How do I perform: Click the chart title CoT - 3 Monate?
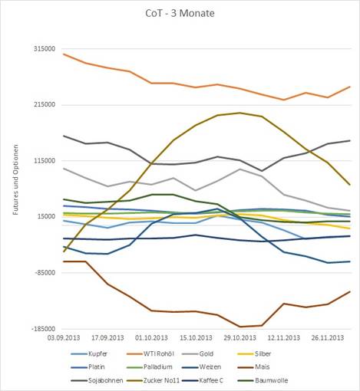click(x=180, y=13)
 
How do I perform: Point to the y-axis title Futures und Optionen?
click(x=16, y=179)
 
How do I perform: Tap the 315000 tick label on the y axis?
click(x=45, y=48)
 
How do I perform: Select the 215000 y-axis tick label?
click(x=45, y=104)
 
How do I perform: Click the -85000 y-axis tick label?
click(x=45, y=272)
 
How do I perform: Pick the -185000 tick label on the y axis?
click(x=43, y=329)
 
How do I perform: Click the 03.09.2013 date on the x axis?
click(x=64, y=337)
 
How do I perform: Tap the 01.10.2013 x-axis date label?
click(x=152, y=337)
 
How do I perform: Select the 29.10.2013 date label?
click(x=239, y=337)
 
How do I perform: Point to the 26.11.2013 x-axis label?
click(x=328, y=337)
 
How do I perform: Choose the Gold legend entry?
click(x=198, y=354)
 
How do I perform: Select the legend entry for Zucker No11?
click(x=154, y=380)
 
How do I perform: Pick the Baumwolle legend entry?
click(x=263, y=380)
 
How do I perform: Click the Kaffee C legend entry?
click(x=203, y=380)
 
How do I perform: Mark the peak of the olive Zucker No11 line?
click(x=239, y=113)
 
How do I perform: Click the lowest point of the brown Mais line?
click(x=239, y=327)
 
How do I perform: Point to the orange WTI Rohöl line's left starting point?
click(x=64, y=54)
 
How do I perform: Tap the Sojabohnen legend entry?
click(x=97, y=380)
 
